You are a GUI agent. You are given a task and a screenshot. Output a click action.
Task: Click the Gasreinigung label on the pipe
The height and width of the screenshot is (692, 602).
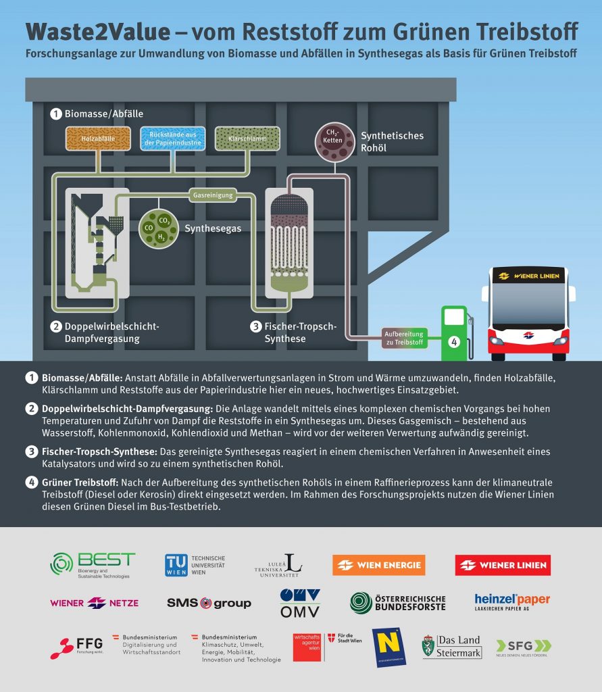pos(213,195)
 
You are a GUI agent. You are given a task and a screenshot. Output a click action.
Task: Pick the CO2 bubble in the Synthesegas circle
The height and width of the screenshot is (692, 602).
pos(164,220)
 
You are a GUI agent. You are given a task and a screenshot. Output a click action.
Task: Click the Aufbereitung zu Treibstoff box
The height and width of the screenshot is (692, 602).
pos(403,338)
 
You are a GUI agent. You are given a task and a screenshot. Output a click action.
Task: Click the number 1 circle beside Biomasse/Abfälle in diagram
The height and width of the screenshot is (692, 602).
pos(55,114)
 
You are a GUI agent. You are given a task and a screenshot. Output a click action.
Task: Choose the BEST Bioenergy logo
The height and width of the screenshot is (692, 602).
pos(93,565)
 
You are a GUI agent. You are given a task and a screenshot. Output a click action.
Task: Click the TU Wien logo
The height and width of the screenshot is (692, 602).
pos(195,565)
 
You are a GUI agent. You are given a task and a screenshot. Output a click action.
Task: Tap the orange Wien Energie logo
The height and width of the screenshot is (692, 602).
pos(378,565)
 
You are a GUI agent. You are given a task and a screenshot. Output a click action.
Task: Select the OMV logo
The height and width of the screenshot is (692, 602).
pos(300,603)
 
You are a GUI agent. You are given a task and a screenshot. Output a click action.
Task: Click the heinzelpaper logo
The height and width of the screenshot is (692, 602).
pos(511,601)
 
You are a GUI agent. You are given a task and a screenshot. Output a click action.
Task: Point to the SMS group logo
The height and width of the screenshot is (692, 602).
pos(209,603)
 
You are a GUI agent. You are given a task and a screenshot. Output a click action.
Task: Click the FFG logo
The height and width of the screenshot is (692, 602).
pos(75,647)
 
